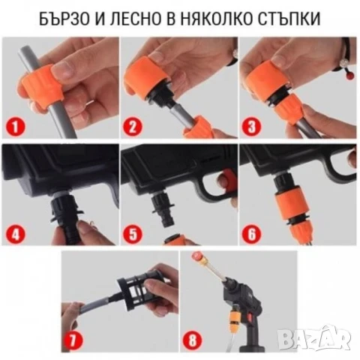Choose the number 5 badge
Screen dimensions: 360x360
tap(133, 233)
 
